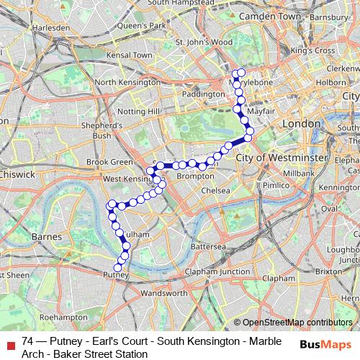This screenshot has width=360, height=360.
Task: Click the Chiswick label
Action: (17, 174)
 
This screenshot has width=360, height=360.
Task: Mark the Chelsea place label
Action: (215, 190)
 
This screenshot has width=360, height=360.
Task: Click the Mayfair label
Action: (260, 113)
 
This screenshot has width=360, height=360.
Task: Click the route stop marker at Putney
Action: (118, 269)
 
